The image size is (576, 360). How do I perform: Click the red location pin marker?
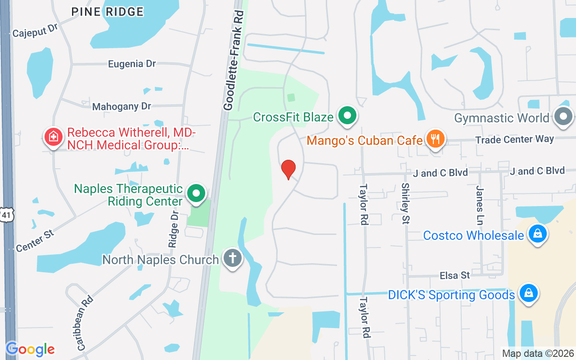pyautogui.click(x=288, y=169)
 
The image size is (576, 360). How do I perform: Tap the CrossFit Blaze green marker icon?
pyautogui.click(x=347, y=116)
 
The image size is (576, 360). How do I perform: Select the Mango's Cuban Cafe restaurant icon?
pyautogui.click(x=435, y=139)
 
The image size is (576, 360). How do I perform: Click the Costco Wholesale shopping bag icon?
pyautogui.click(x=537, y=234)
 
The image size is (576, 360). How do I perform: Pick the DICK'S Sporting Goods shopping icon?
pyautogui.click(x=529, y=294)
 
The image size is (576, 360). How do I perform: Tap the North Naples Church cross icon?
pyautogui.click(x=233, y=259)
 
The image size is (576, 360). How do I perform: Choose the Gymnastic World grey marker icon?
pyautogui.click(x=563, y=117)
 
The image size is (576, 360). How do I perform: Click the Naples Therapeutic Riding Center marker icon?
pyautogui.click(x=196, y=194)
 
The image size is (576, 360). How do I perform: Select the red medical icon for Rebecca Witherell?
pyautogui.click(x=53, y=136)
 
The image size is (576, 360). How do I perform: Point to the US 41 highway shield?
pyautogui.click(x=6, y=215)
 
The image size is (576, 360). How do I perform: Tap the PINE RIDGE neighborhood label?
pyautogui.click(x=108, y=12)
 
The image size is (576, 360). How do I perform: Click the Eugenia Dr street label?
pyautogui.click(x=132, y=64)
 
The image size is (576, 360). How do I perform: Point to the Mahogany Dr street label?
pyautogui.click(x=121, y=107)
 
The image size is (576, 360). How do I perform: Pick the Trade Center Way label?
pyautogui.click(x=514, y=139)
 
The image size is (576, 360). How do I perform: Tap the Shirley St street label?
pyautogui.click(x=405, y=203)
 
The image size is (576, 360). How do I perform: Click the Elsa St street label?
pyautogui.click(x=455, y=275)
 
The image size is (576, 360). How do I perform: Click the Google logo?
pyautogui.click(x=30, y=349)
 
